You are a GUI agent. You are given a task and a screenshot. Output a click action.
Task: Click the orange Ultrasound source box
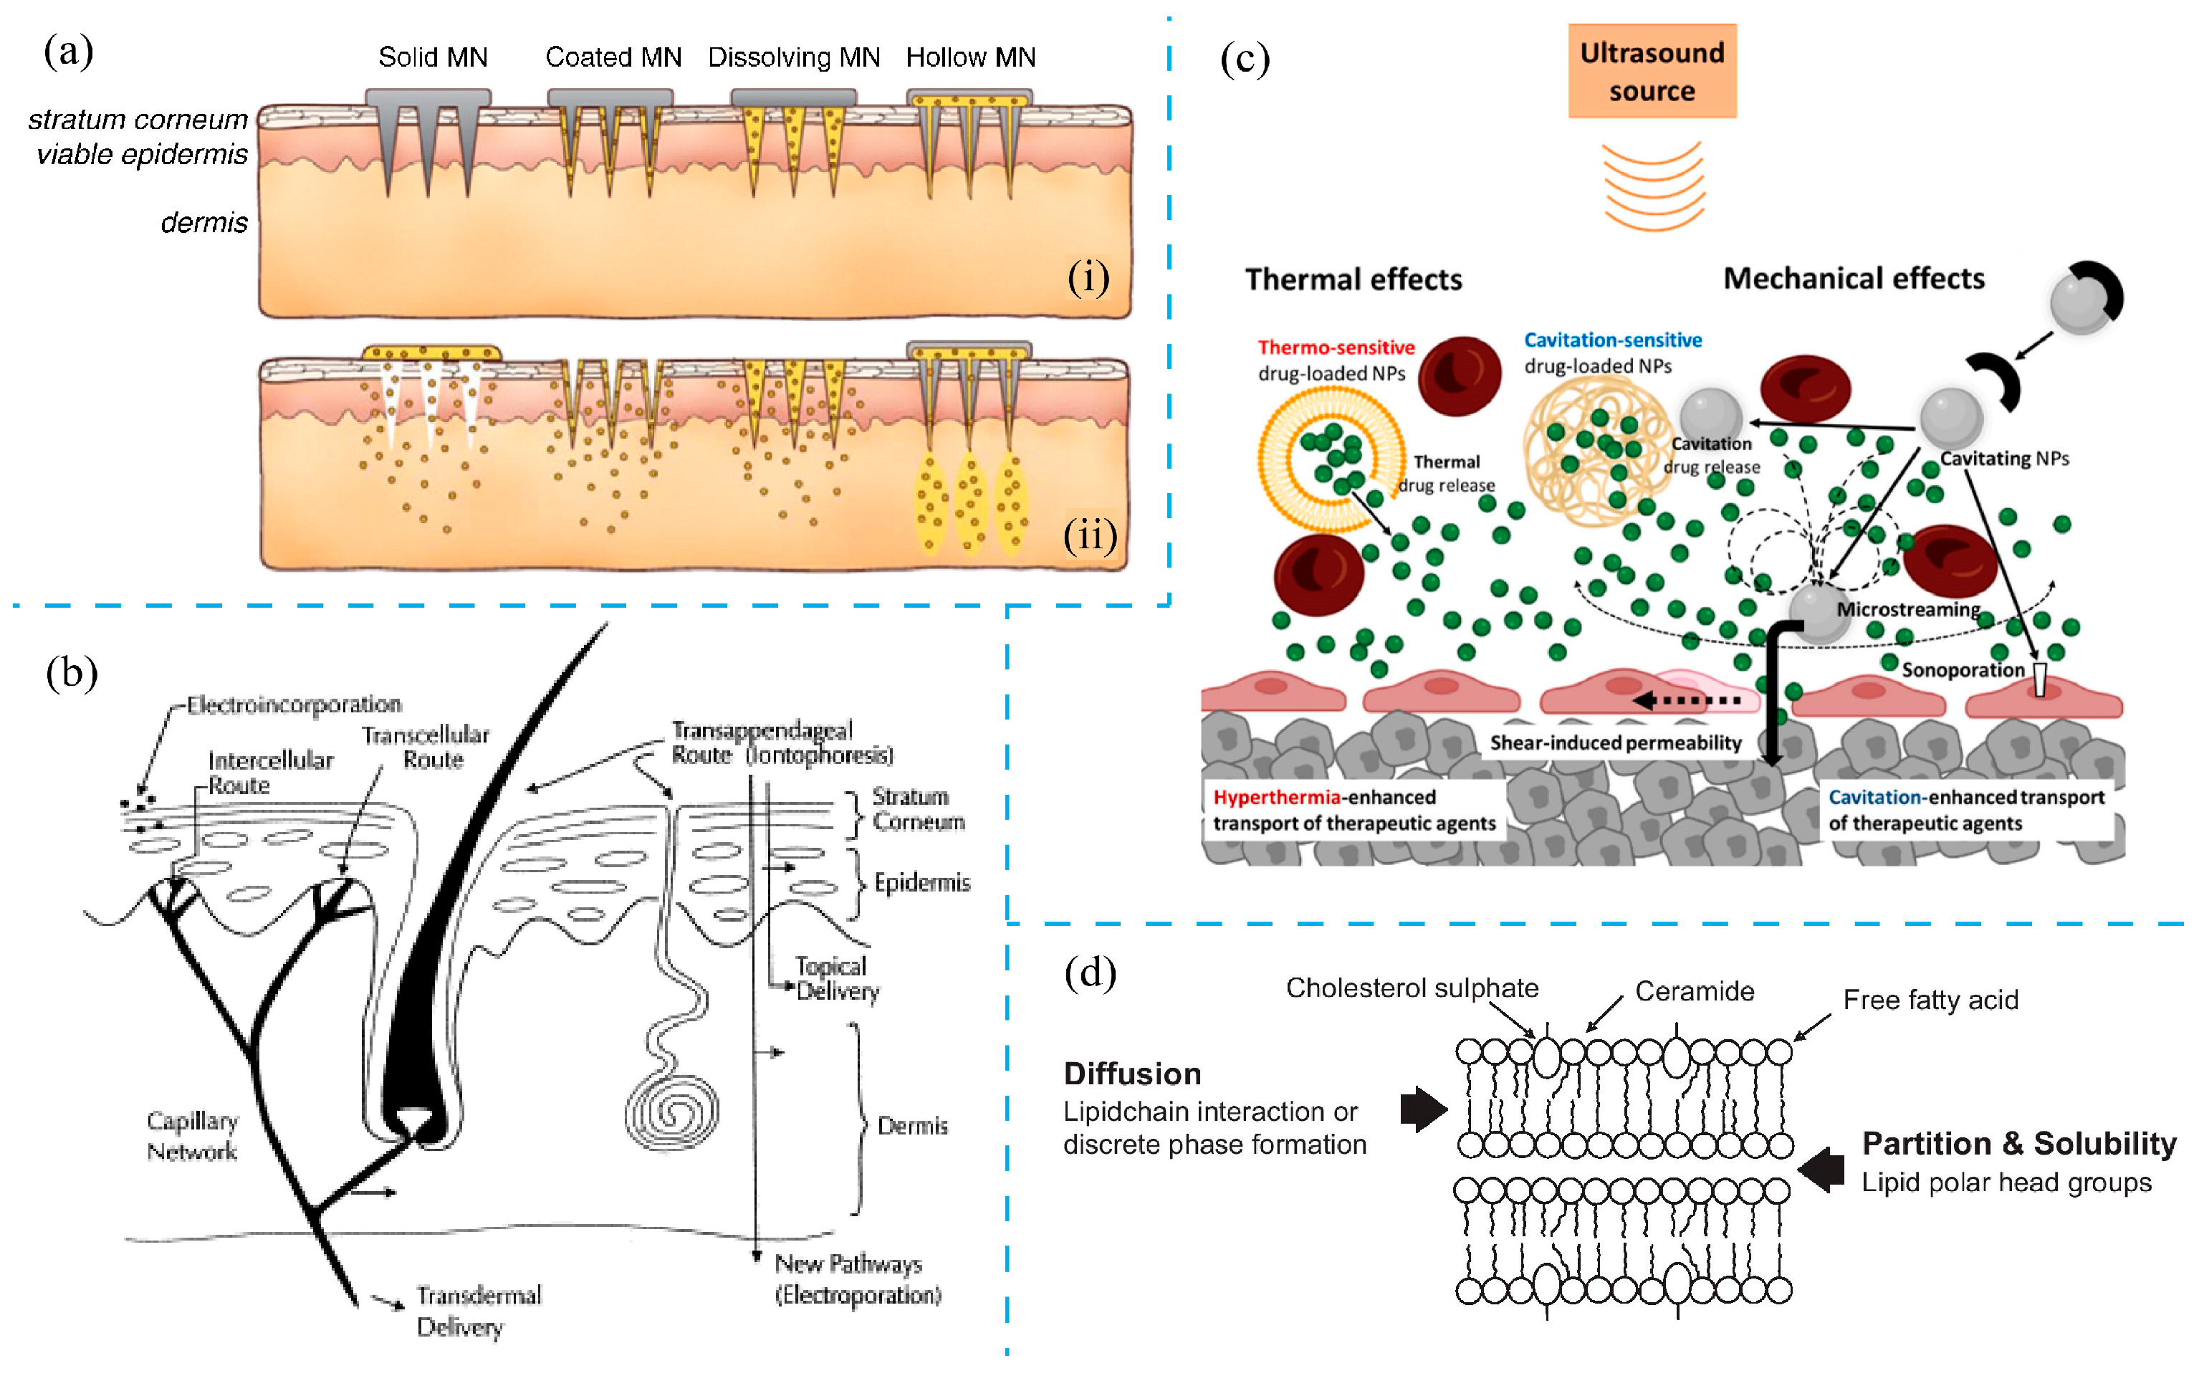tap(1652, 71)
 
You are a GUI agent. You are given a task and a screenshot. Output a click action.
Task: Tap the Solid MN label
tap(433, 57)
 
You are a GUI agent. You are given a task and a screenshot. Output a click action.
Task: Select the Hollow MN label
tap(970, 57)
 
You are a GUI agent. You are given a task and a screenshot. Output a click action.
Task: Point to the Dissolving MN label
tap(793, 57)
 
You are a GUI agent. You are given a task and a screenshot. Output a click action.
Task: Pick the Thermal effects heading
tap(1353, 279)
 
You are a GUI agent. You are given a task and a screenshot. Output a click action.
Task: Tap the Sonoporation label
tap(1963, 670)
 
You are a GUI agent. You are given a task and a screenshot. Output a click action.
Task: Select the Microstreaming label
tap(1908, 609)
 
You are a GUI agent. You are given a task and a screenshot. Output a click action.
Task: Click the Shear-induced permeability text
tap(1615, 742)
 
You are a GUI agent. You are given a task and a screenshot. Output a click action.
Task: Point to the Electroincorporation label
tap(293, 704)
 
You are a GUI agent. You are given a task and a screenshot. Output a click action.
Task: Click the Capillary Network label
tap(192, 1136)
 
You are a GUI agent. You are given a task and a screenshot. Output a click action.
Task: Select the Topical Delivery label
tap(837, 978)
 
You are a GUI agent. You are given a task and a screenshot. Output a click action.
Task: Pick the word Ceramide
tap(1694, 991)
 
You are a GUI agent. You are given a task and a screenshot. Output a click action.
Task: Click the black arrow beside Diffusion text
tap(1422, 1109)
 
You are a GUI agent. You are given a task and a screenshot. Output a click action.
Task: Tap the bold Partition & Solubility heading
tap(2018, 1143)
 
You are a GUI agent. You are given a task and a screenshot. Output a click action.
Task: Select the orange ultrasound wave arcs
tap(1652, 186)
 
